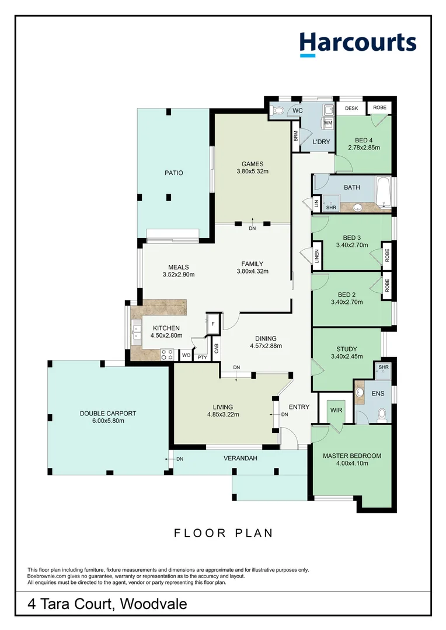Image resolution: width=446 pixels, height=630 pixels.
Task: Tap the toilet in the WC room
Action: point(277,110)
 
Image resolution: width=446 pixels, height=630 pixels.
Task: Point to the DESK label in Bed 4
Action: point(351,108)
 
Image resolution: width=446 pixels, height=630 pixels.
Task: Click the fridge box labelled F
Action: point(212,324)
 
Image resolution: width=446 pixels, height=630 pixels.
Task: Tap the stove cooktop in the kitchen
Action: point(168,355)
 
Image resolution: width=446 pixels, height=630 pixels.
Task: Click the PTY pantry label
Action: point(202,357)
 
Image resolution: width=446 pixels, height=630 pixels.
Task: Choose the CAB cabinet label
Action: point(217,348)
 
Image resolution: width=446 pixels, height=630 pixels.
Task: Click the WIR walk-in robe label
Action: point(336,410)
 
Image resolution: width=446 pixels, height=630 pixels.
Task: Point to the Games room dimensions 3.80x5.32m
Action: point(253,171)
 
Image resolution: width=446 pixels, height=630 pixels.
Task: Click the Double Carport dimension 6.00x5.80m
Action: point(108,421)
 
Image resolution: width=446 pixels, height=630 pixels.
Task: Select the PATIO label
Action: point(174,173)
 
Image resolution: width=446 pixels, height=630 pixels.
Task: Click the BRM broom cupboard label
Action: point(296,136)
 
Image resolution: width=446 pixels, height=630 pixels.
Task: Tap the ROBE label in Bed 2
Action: point(387,286)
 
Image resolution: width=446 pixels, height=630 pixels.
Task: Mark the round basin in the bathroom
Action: point(357,207)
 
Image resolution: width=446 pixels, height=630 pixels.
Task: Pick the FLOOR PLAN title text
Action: point(224,533)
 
